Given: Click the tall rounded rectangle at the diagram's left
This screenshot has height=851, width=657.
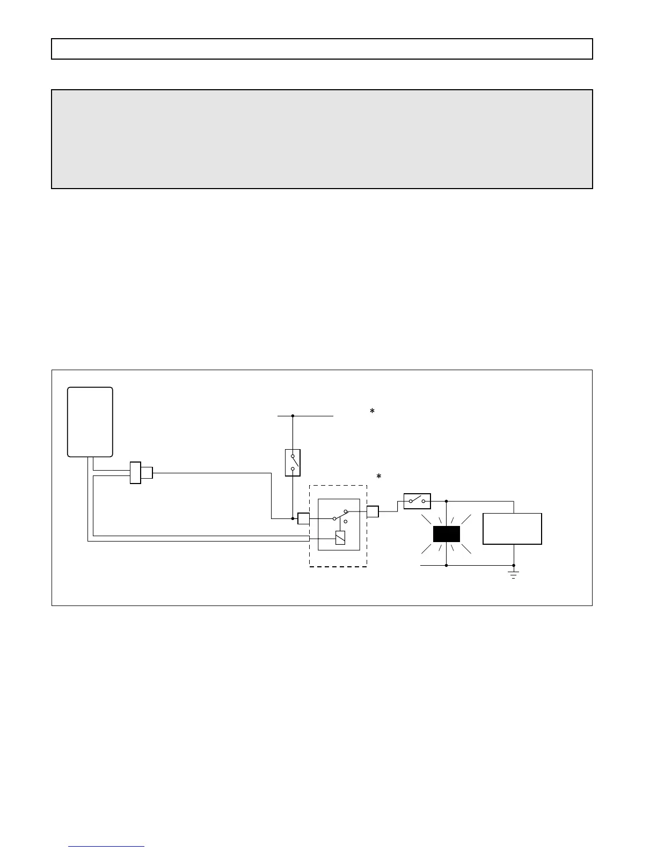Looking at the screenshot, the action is tap(90, 422).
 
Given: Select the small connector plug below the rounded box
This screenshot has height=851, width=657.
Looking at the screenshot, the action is tap(141, 473).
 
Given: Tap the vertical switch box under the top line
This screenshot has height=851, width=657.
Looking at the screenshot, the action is tap(293, 463).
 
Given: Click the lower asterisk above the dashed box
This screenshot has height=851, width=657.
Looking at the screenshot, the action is tap(378, 477).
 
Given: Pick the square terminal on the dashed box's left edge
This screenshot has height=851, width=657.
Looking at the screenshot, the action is tap(303, 518).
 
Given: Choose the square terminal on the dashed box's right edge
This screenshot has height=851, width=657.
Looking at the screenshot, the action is tap(373, 511).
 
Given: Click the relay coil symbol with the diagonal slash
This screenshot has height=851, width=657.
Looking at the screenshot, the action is tap(340, 538).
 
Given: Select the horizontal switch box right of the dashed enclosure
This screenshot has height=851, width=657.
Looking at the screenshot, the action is tap(417, 501).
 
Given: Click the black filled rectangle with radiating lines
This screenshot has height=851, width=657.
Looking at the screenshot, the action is tap(447, 534).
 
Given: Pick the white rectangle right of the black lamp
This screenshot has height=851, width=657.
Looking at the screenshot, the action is tap(512, 529).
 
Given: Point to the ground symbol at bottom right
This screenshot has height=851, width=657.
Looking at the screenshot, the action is tap(514, 575).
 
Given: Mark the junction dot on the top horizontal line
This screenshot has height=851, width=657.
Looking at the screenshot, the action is tap(293, 416).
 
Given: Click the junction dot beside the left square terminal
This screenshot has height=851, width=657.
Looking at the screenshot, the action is tap(293, 518).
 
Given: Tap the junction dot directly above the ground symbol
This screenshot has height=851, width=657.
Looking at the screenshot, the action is tap(514, 565).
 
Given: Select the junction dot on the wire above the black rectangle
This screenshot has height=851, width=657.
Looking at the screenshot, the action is tap(447, 501).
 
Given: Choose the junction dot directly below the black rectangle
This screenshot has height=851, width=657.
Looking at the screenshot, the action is tap(447, 565).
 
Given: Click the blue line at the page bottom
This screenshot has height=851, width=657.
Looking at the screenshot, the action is tap(106, 847).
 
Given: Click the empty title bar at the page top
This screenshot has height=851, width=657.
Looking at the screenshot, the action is tap(322, 49).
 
